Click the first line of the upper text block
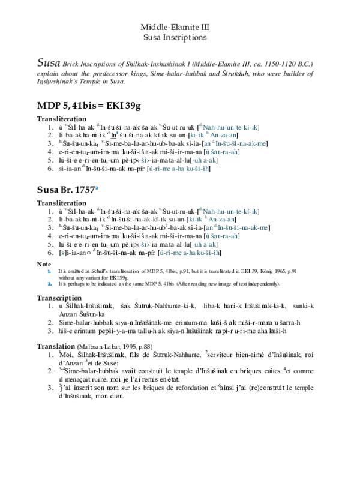(229, 127)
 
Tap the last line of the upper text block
(179, 169)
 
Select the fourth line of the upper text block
(223, 152)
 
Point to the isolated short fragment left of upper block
(143, 160)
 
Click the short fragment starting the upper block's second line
(197, 135)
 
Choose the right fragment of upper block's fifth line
(204, 160)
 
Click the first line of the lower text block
(229, 212)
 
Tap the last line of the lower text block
(190, 253)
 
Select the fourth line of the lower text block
(223, 236)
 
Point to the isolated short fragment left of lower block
(143, 245)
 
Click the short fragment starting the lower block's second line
(196, 220)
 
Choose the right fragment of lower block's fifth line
(204, 245)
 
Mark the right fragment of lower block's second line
(221, 220)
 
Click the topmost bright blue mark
(117, 133)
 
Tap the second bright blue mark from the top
(97, 188)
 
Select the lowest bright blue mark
(50, 284)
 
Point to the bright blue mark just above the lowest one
(49, 271)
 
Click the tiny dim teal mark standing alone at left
(63, 253)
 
